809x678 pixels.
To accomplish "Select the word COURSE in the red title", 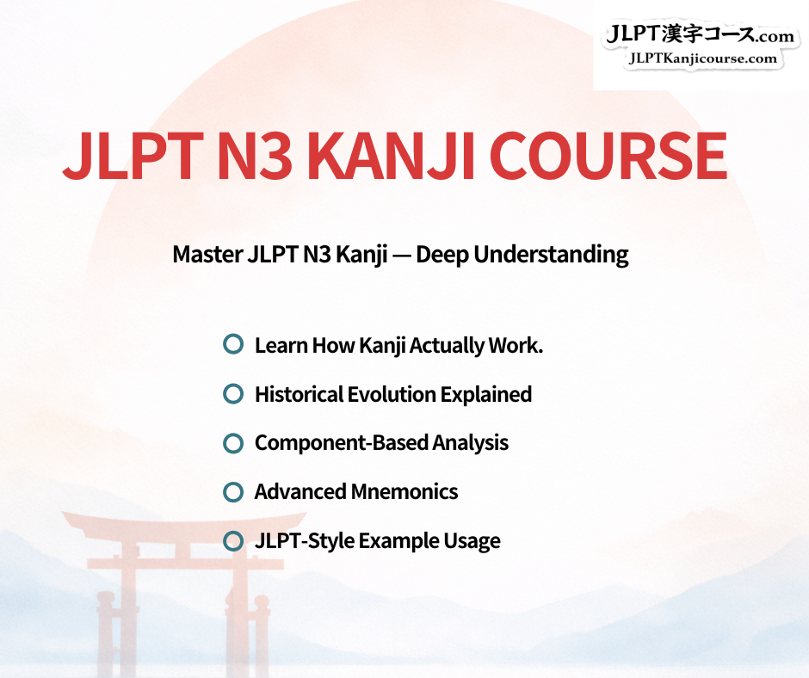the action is (x=608, y=156).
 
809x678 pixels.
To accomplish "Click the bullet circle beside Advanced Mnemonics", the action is (x=233, y=492).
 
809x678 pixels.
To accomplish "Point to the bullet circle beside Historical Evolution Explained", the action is (x=233, y=394).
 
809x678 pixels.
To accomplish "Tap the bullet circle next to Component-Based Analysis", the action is (x=233, y=443).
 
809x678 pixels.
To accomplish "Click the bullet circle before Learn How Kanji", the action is (x=233, y=344).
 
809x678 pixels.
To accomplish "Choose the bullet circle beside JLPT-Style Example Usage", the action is (x=233, y=540).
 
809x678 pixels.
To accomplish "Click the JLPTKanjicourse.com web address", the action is (x=703, y=59).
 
